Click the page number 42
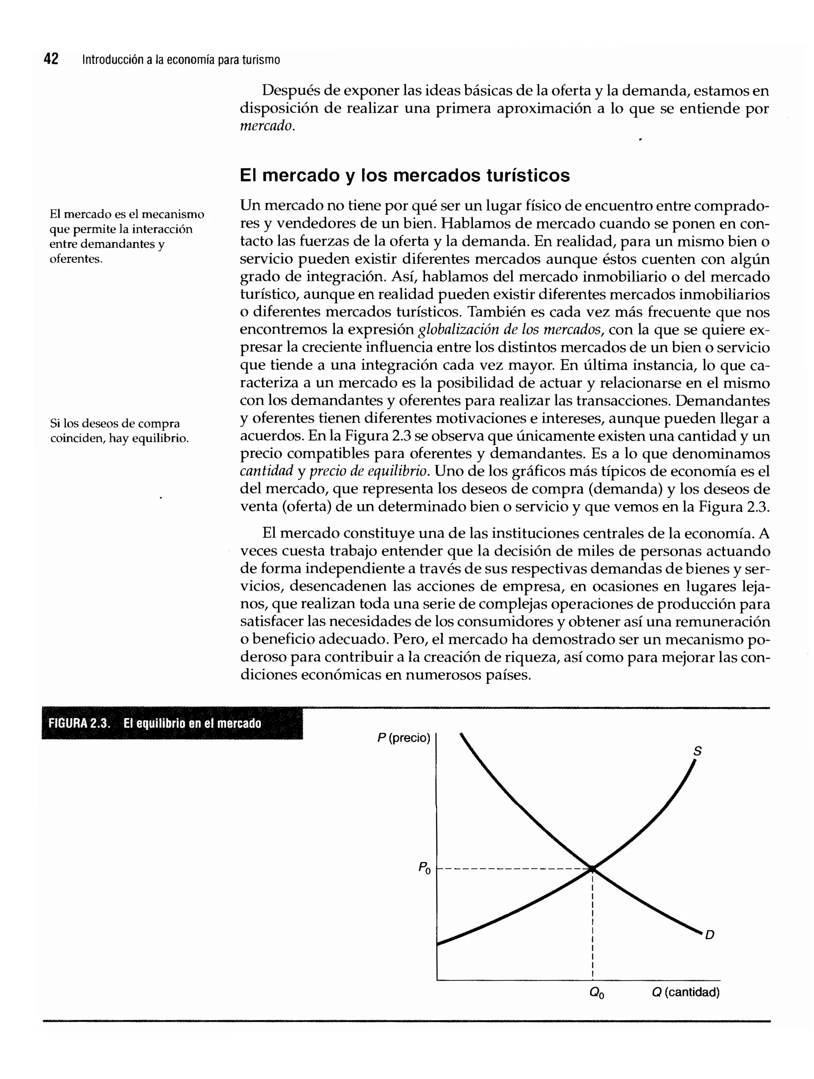pos(51,59)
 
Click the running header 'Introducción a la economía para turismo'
pos(181,60)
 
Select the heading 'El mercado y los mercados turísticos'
pos(404,175)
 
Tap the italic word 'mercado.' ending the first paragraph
pos(267,126)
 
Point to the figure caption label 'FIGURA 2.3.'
pos(79,723)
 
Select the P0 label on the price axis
pos(424,868)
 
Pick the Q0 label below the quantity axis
pos(596,993)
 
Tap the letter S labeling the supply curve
pos(698,751)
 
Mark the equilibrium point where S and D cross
pos(592,869)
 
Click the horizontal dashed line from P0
pos(512,869)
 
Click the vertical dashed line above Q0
pos(593,927)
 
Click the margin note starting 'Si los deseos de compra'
pos(119,431)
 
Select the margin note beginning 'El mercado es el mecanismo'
pos(126,236)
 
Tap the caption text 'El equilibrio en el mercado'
pos(192,723)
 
